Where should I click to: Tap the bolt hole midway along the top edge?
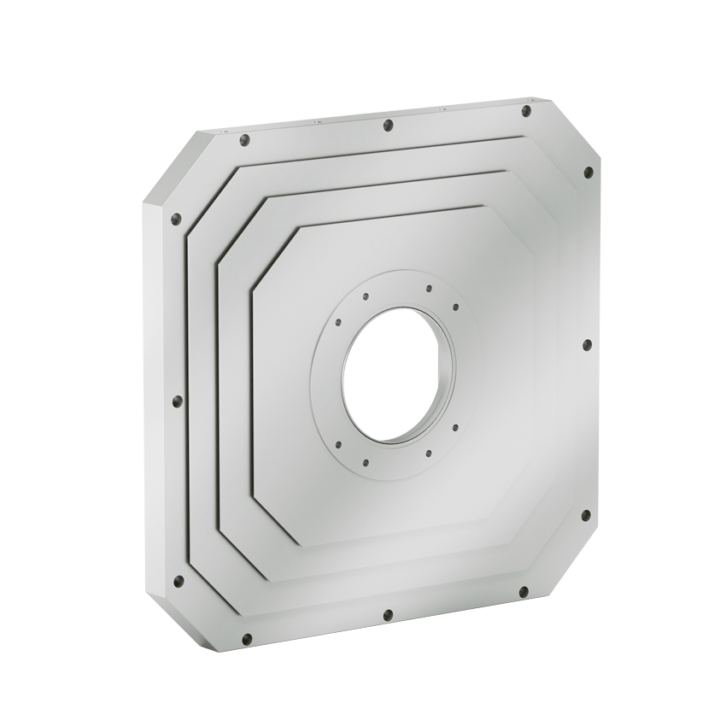(388, 126)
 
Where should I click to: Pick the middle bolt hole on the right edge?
(587, 345)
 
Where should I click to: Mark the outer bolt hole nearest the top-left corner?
(244, 140)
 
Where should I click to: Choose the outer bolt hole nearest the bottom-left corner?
(247, 639)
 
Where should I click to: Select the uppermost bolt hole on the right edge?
(588, 173)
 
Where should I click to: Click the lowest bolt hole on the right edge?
(585, 515)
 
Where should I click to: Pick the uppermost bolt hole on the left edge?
(177, 219)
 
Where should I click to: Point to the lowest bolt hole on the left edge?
(179, 581)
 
